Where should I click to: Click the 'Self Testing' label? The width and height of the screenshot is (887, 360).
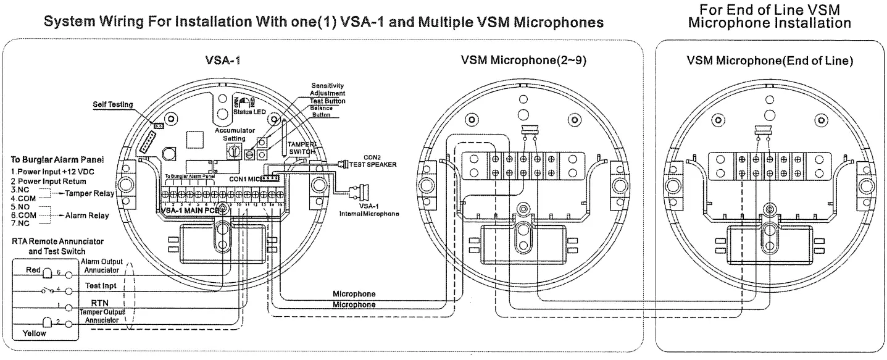pos(113,105)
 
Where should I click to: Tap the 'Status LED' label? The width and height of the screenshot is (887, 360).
pos(248,111)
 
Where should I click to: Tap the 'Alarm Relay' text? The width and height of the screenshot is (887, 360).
pos(86,216)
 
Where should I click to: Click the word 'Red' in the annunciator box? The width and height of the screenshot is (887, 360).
pos(33,270)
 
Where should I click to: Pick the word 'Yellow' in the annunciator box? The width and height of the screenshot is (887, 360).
pos(35,332)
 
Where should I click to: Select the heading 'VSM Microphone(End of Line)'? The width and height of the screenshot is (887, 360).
pos(770,61)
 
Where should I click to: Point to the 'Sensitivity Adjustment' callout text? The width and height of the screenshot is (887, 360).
pos(328,89)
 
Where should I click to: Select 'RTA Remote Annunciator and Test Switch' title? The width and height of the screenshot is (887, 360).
pos(57,245)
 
